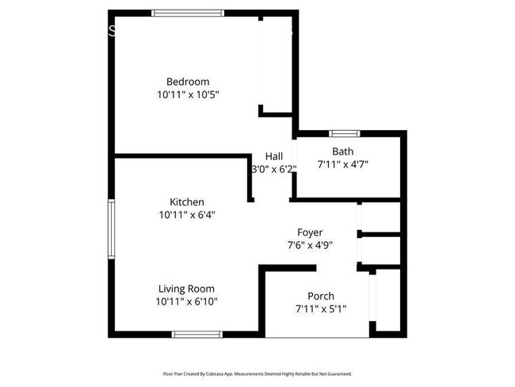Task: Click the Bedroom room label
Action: click(x=188, y=82)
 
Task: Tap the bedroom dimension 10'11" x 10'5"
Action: click(x=188, y=94)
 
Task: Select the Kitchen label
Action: click(x=187, y=202)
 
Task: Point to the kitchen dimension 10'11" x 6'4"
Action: click(x=187, y=214)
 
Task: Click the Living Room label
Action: click(x=186, y=289)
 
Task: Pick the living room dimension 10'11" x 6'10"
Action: click(x=187, y=301)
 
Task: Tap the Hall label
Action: click(x=274, y=156)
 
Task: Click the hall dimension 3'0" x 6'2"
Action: click(x=274, y=169)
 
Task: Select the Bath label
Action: click(x=343, y=151)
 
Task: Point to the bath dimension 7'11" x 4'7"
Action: click(x=343, y=164)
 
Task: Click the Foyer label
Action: click(x=310, y=232)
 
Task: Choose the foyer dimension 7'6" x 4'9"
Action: click(x=310, y=245)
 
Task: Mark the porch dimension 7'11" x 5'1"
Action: click(x=321, y=308)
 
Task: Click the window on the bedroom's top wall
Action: click(x=188, y=12)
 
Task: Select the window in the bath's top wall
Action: click(x=344, y=132)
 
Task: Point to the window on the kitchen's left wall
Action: click(x=112, y=228)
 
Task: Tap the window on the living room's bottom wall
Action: click(x=195, y=334)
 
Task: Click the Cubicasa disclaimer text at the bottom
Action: click(x=257, y=373)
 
